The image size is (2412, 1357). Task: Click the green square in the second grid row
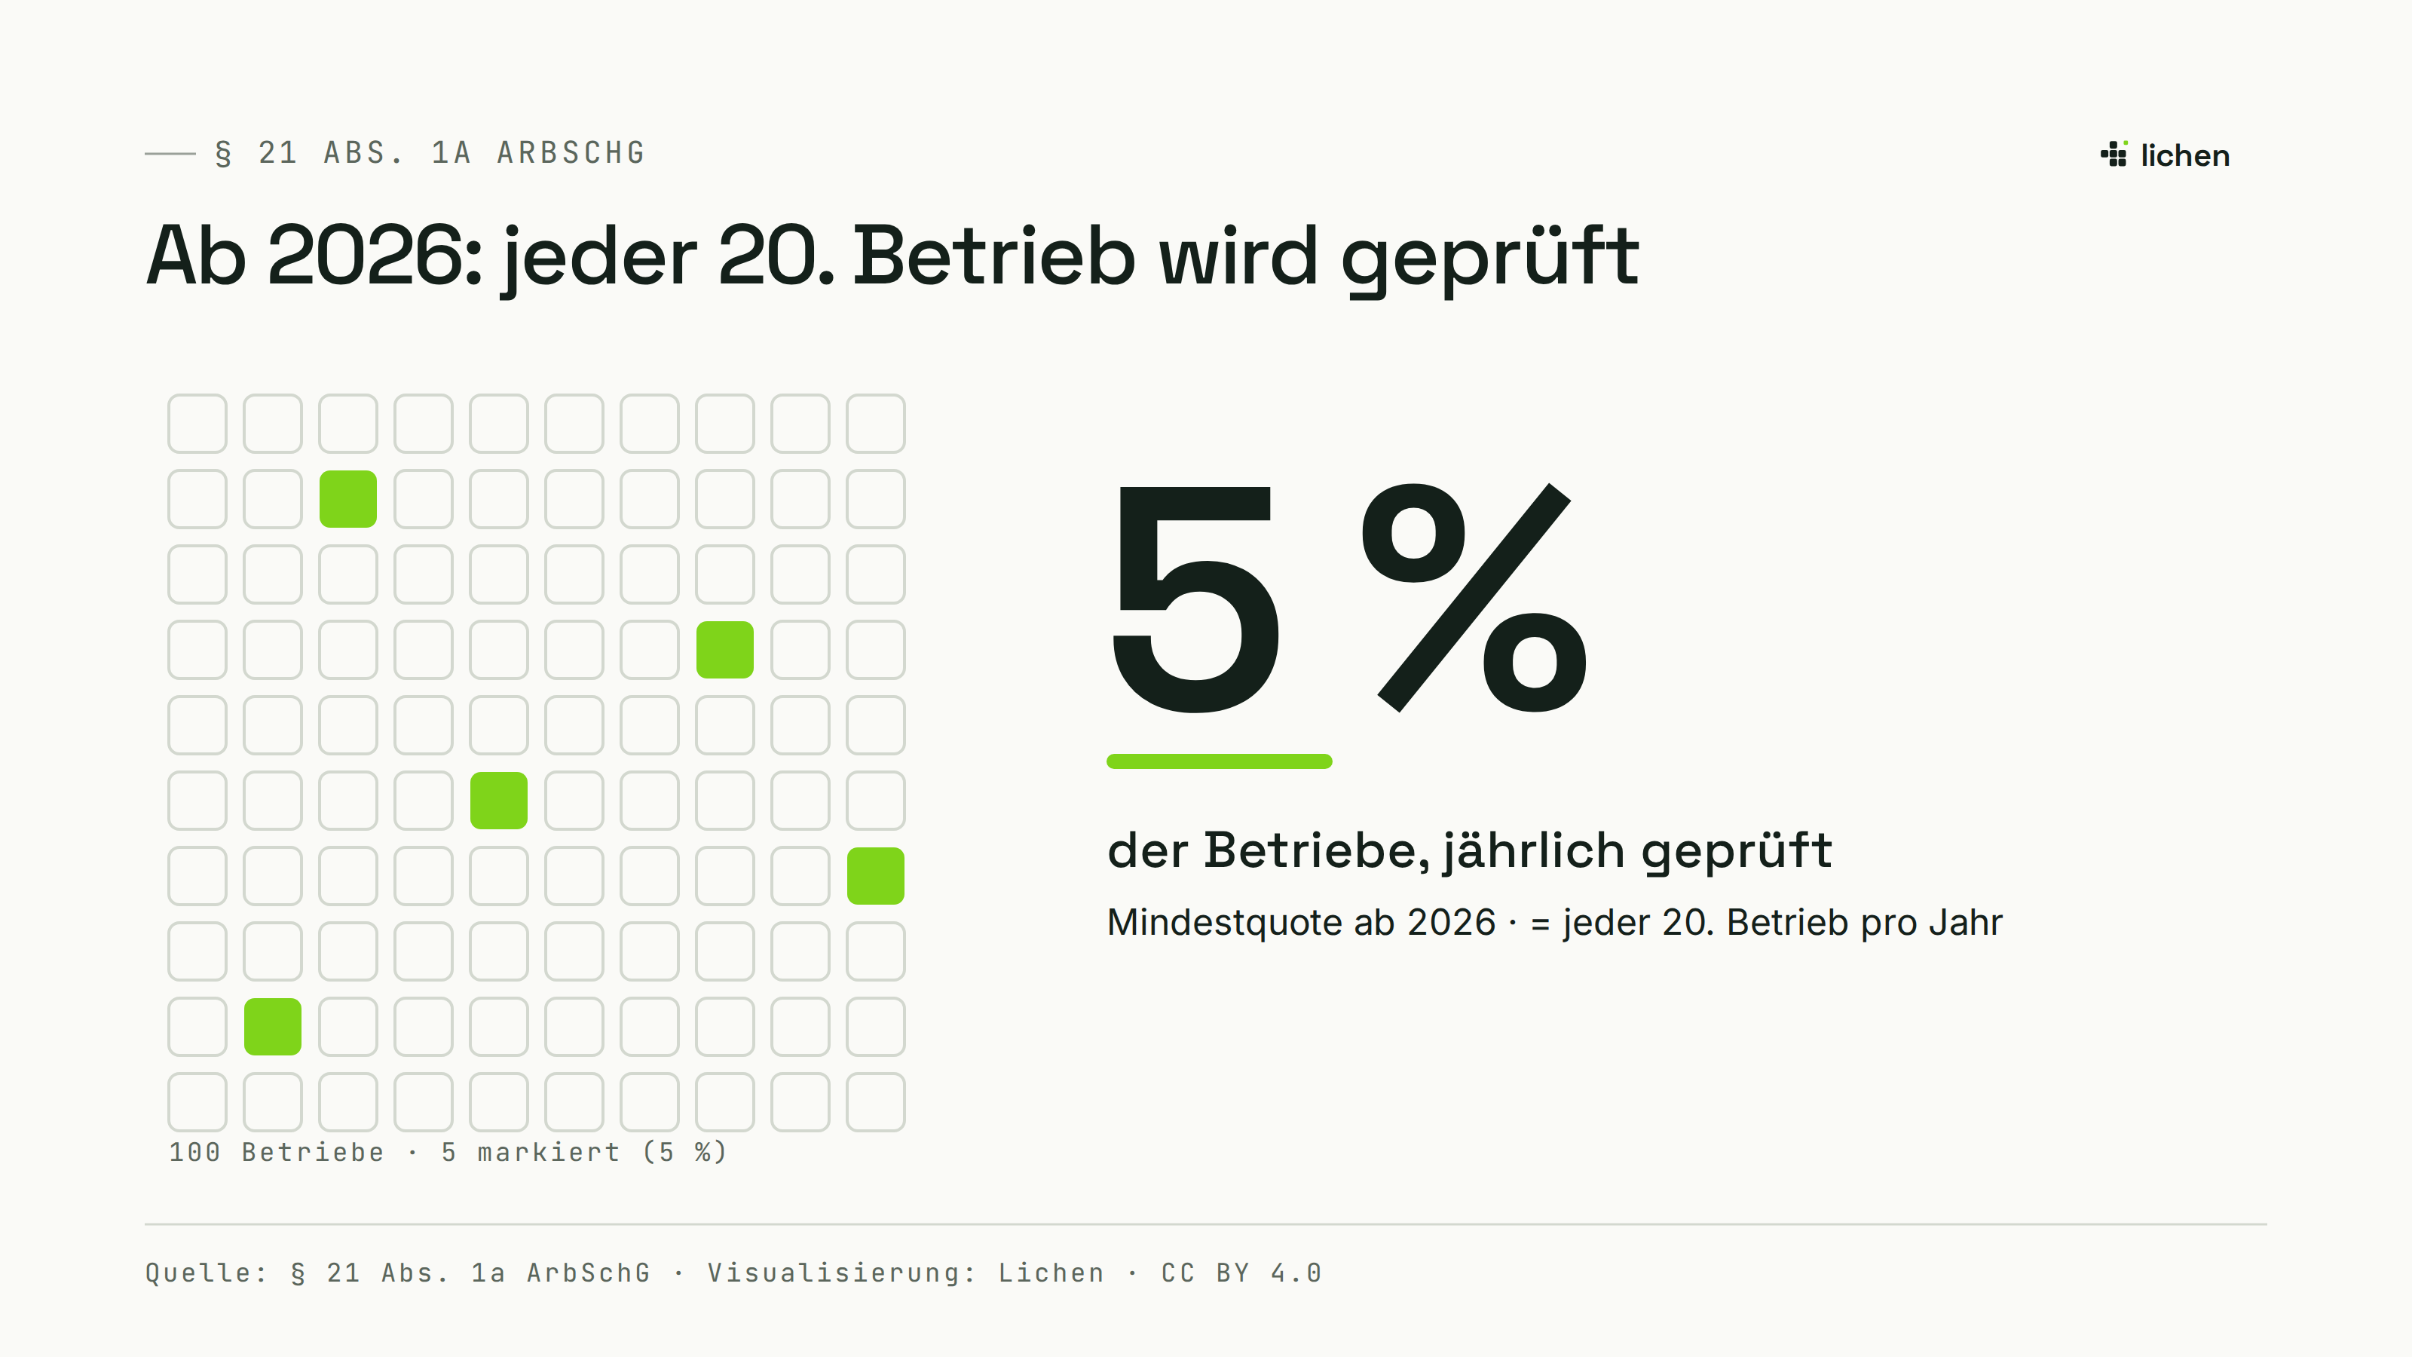coord(347,499)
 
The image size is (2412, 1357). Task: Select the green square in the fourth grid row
coord(724,650)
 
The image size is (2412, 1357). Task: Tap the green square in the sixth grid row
coord(498,801)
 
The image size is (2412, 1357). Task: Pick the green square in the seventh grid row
coord(875,875)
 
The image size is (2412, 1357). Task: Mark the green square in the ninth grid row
coord(272,1026)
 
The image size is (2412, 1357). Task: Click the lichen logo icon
coord(2114,155)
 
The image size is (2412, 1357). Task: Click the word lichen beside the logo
coord(2184,155)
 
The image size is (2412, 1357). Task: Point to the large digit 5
coord(1195,599)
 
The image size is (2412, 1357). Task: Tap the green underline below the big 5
coord(1219,761)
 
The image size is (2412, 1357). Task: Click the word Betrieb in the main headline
coord(993,256)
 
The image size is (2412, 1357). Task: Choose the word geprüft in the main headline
coord(1489,259)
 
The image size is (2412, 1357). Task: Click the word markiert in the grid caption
coord(549,1152)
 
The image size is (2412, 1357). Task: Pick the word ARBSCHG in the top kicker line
coord(571,152)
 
